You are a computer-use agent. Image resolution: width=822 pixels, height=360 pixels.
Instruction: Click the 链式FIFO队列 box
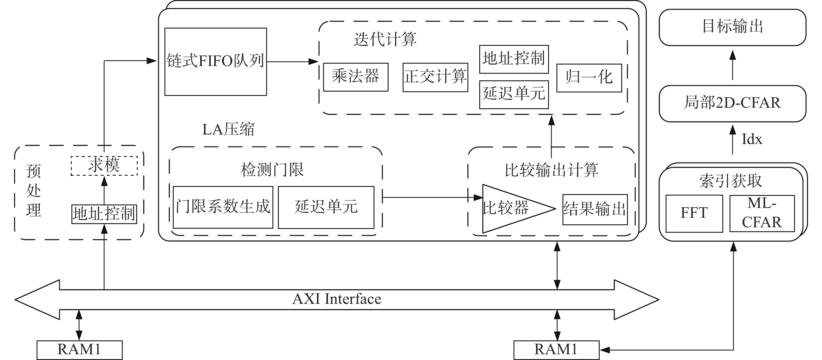click(x=215, y=62)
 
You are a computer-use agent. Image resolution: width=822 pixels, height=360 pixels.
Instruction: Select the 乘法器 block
click(x=355, y=77)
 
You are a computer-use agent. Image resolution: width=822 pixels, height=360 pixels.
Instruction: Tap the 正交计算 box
click(x=435, y=77)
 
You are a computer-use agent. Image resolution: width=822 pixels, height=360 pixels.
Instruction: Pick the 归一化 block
click(x=589, y=78)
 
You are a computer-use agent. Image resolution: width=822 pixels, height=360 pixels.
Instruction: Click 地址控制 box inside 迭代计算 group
click(x=514, y=59)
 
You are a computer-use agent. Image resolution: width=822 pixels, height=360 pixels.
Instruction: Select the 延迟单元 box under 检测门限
click(x=326, y=207)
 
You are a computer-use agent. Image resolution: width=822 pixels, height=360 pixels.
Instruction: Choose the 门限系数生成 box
click(x=223, y=207)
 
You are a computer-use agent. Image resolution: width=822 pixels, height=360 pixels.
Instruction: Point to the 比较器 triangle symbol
click(x=511, y=209)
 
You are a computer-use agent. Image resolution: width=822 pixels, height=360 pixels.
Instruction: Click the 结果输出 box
click(x=595, y=209)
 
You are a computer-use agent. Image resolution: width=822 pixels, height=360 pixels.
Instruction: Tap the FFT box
click(x=694, y=213)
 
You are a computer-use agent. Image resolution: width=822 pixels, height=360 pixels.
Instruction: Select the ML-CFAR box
click(x=762, y=213)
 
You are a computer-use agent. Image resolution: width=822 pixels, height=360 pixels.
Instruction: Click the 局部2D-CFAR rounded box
click(x=732, y=103)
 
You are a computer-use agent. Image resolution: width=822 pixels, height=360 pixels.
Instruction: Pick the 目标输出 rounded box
click(x=732, y=27)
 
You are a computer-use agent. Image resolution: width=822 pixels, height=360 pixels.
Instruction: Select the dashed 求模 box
click(x=104, y=166)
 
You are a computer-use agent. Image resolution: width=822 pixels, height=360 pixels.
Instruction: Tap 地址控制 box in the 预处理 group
click(x=104, y=214)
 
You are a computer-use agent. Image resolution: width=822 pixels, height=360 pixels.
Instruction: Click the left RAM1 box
click(x=79, y=350)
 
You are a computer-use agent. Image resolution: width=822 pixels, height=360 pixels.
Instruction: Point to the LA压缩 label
click(x=228, y=130)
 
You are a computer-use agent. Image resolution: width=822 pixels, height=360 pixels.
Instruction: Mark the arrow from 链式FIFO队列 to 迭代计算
click(x=292, y=62)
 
